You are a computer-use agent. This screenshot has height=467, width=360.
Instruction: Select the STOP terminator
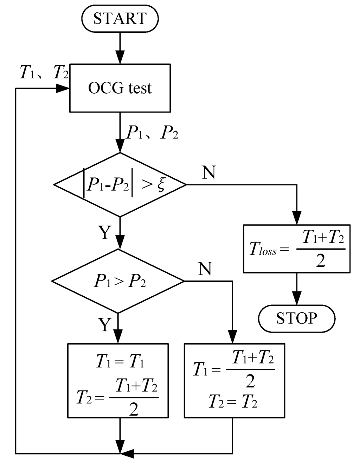pyautogui.click(x=296, y=318)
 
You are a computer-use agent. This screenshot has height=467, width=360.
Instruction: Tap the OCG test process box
pyautogui.click(x=120, y=88)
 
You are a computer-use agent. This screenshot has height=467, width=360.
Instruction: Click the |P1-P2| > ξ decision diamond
pyautogui.click(x=120, y=184)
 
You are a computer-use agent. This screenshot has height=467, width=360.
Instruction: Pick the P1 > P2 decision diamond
pyautogui.click(x=118, y=281)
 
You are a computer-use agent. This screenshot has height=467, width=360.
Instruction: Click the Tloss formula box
pyautogui.click(x=297, y=249)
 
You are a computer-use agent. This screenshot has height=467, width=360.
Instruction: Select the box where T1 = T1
pyautogui.click(x=118, y=380)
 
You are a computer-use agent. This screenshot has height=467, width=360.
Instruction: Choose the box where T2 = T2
pyautogui.click(x=234, y=380)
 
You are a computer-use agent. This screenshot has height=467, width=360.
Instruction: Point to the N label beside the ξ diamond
pyautogui.click(x=208, y=172)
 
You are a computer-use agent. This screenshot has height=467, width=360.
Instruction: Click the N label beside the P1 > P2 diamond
pyautogui.click(x=205, y=269)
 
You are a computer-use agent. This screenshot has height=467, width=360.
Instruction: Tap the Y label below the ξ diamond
pyautogui.click(x=104, y=232)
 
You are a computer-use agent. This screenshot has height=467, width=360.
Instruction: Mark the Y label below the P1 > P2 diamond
pyautogui.click(x=104, y=325)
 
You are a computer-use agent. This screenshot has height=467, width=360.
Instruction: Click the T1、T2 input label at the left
pyautogui.click(x=44, y=72)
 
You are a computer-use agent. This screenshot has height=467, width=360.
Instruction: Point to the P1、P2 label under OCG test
pyautogui.click(x=152, y=133)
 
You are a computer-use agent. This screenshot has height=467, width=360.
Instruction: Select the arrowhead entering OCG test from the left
pyautogui.click(x=63, y=88)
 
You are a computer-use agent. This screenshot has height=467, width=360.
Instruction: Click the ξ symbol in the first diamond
pyautogui.click(x=161, y=184)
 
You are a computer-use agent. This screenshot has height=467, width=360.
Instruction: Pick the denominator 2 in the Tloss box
pyautogui.click(x=320, y=261)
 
